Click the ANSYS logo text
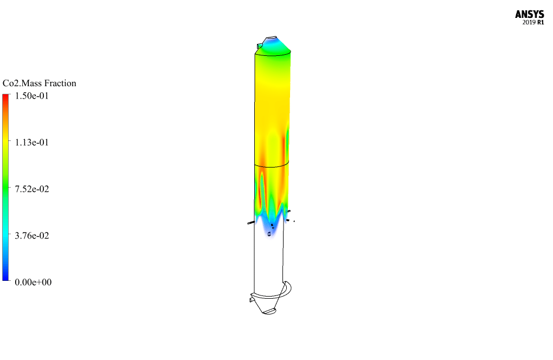click(x=529, y=14)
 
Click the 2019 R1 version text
click(x=533, y=23)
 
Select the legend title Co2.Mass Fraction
click(x=39, y=83)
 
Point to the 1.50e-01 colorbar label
click(x=32, y=96)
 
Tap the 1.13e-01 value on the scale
click(x=32, y=143)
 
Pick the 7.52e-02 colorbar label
click(x=32, y=189)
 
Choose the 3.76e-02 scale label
click(x=32, y=235)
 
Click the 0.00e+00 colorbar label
click(x=33, y=282)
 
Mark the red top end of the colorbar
click(x=5, y=96)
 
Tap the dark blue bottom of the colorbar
click(x=5, y=279)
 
